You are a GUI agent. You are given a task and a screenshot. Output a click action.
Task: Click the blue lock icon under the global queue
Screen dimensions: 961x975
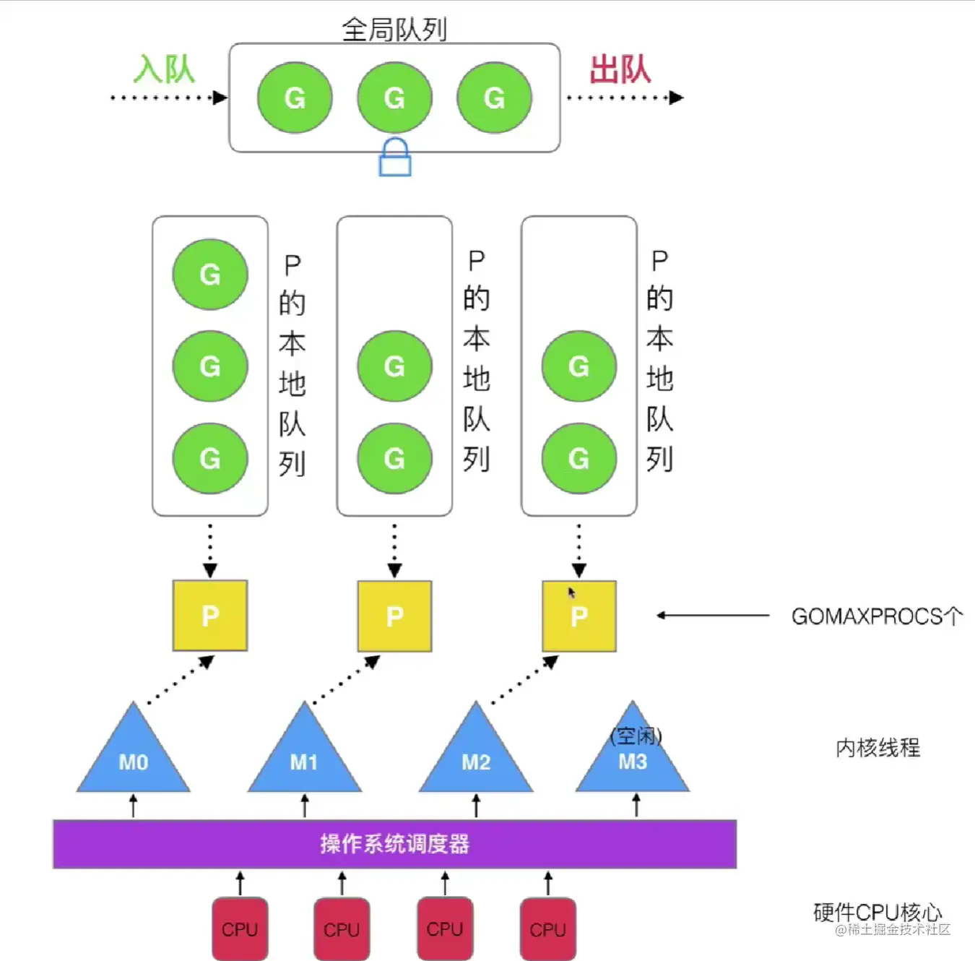coord(395,158)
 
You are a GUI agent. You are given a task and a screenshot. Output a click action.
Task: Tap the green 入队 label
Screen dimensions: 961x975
coord(164,70)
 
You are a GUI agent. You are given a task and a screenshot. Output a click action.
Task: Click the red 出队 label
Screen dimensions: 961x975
coord(620,70)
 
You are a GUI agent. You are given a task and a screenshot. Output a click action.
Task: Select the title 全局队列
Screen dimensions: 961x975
coord(394,30)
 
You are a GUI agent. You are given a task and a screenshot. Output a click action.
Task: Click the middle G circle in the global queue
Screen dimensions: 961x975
coord(394,98)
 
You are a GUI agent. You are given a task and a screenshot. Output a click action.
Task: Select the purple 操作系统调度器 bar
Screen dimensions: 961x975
coord(394,843)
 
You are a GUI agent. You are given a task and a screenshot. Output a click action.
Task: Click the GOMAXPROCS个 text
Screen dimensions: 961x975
coord(877,616)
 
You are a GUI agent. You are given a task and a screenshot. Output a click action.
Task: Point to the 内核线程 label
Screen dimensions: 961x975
coord(877,748)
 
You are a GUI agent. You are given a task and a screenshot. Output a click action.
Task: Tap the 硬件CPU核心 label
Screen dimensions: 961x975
coord(877,913)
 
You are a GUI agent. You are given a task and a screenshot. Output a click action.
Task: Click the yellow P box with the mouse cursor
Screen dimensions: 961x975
coord(579,616)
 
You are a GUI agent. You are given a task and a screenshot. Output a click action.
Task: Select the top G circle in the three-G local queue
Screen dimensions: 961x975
coord(210,275)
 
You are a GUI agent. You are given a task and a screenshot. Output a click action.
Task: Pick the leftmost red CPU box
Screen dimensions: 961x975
coord(240,928)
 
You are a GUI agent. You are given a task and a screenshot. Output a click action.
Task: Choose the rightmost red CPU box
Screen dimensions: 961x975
coord(547,928)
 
